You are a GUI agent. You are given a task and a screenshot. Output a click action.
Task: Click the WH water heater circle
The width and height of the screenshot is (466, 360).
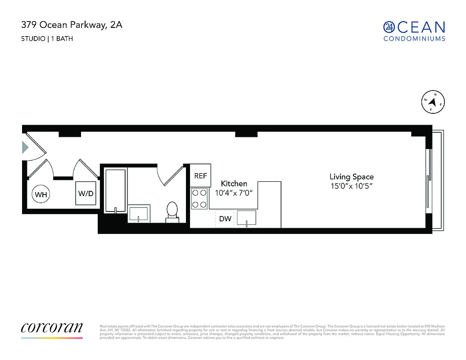click(x=41, y=194)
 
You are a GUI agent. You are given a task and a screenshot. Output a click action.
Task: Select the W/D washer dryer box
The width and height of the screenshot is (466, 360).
click(x=86, y=193)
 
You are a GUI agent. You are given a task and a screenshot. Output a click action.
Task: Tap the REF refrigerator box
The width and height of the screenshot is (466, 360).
click(x=201, y=175)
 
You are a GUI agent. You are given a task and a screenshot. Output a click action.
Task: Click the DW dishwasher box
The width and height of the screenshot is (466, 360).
click(x=225, y=219)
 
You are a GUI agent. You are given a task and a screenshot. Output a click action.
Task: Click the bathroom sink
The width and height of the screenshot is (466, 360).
click(x=139, y=213)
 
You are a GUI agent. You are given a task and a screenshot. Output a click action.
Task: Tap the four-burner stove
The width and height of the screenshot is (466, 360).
click(x=199, y=198)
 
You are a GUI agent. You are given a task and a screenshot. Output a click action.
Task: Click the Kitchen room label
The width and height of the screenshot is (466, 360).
click(x=234, y=184)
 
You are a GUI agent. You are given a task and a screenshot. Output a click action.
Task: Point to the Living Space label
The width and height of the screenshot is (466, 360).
click(x=352, y=177)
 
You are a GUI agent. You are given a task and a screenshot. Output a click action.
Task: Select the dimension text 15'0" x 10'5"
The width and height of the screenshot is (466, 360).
click(x=351, y=186)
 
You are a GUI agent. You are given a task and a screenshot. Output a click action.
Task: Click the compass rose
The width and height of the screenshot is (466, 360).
click(x=433, y=102)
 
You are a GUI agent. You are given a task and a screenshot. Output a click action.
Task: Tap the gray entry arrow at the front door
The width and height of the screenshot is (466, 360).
click(x=25, y=147)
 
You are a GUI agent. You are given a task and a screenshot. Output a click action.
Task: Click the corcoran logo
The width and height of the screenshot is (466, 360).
click(x=52, y=328)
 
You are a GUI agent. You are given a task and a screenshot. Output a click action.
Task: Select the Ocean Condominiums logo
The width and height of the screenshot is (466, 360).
click(x=414, y=31)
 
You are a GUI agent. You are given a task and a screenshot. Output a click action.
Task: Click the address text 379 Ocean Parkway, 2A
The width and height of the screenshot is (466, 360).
click(x=72, y=25)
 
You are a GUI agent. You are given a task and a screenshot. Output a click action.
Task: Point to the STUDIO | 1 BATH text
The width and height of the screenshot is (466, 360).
click(x=47, y=39)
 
